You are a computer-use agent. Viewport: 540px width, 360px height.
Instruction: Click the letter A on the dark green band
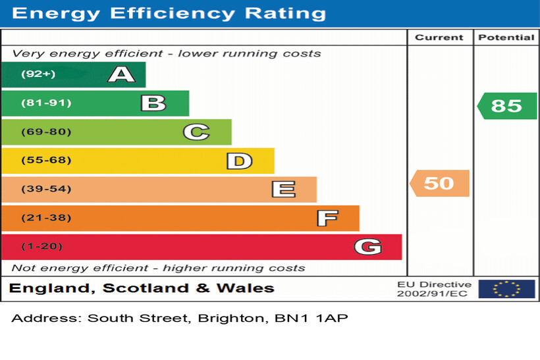tap(121, 74)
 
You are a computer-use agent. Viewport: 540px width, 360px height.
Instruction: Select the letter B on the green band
tap(153, 103)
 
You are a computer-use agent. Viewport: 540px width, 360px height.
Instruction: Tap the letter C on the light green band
tap(196, 132)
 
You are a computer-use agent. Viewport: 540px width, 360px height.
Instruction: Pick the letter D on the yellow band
tap(239, 161)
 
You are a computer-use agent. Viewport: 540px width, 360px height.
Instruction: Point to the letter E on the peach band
tap(283, 190)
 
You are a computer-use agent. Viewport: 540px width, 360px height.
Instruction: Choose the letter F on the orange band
tap(327, 218)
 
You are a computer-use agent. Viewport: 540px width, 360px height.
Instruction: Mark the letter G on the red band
tap(367, 247)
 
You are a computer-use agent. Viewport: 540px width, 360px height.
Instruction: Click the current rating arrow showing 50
tap(439, 183)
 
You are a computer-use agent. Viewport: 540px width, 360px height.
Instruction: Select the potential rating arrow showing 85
tap(506, 106)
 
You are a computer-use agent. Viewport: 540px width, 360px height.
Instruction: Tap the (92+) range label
tap(38, 74)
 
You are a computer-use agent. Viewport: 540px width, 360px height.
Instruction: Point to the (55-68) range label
tap(46, 161)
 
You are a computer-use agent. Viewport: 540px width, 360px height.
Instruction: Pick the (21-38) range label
tap(46, 218)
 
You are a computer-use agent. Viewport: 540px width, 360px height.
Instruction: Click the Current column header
tap(439, 38)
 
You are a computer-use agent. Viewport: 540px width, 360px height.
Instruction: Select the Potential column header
tap(506, 38)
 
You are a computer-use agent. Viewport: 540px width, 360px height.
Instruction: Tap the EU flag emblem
tap(506, 289)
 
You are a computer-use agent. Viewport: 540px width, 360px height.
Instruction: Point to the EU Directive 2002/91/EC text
tap(434, 289)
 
